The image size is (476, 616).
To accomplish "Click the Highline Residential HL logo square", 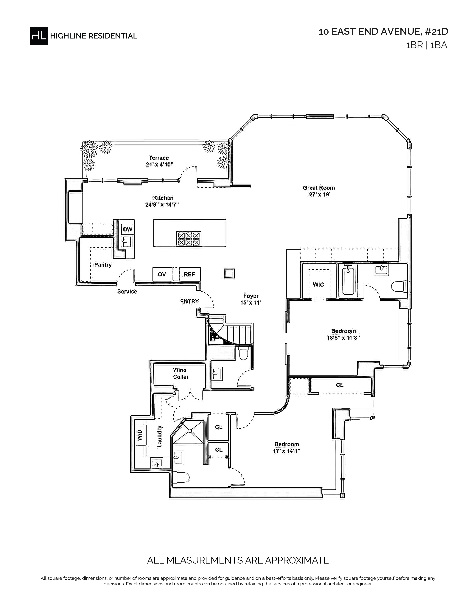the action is pyautogui.click(x=39, y=35).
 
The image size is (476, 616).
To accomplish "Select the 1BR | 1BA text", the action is pyautogui.click(x=426, y=45).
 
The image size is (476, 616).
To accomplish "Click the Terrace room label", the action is pyautogui.click(x=159, y=158).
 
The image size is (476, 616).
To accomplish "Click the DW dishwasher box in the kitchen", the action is pyautogui.click(x=128, y=229).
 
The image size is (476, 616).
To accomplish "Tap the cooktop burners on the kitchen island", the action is pyautogui.click(x=189, y=239).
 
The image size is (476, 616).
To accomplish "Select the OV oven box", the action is pyautogui.click(x=162, y=274).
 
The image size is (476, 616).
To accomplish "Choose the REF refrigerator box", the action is pyautogui.click(x=190, y=274).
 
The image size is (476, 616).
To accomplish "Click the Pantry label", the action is pyautogui.click(x=103, y=265).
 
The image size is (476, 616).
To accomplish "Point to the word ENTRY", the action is pyautogui.click(x=189, y=301).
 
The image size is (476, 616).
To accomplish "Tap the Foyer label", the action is pyautogui.click(x=251, y=296).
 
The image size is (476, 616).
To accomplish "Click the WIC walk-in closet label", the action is pyautogui.click(x=319, y=285).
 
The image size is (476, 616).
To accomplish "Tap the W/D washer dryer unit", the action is pyautogui.click(x=140, y=435).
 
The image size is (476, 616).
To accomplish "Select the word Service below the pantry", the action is pyautogui.click(x=127, y=291).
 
